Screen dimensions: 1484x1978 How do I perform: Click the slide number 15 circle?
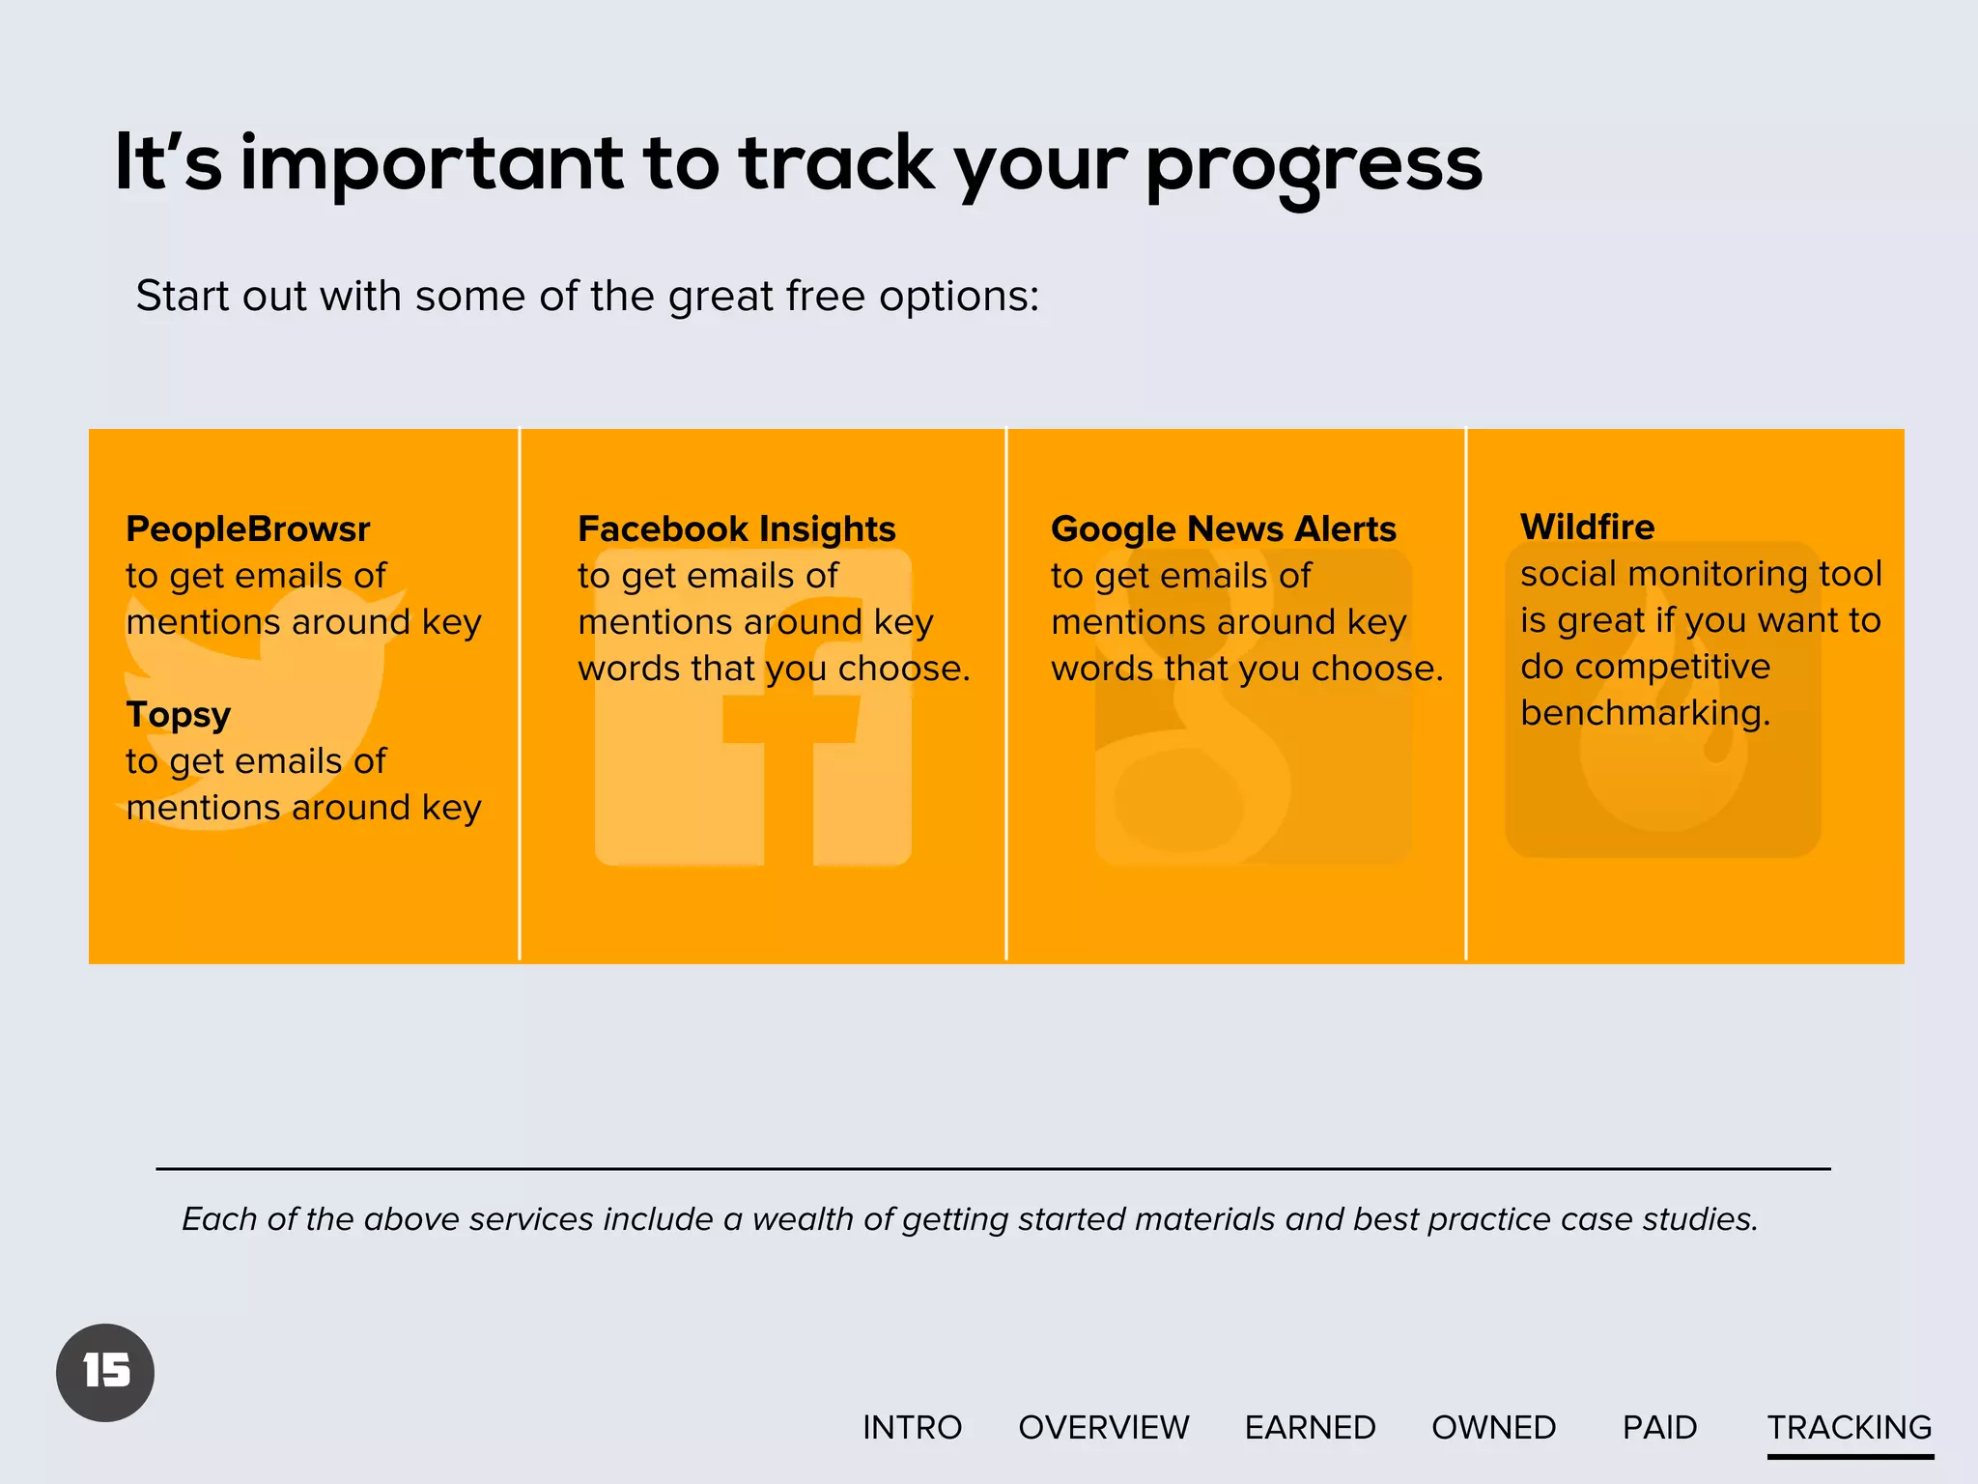105,1372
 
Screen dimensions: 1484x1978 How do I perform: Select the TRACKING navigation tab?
1849,1427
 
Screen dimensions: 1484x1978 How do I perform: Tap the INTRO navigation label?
912,1427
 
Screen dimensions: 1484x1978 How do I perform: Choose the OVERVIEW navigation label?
1103,1427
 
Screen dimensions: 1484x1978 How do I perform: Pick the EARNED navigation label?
1310,1427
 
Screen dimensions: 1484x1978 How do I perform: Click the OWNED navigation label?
1493,1427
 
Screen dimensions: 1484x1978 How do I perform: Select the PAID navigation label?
1659,1427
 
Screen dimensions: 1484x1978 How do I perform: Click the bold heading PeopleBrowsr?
247,529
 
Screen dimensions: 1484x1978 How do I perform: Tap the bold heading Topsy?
178,715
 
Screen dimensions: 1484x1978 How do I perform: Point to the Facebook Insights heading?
736,529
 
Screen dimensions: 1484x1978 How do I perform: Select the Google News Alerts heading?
1223,529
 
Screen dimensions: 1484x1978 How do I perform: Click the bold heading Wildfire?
1587,528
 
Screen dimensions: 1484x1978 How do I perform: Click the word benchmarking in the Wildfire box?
1645,713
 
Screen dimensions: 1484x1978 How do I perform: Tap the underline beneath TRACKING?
1850,1456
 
